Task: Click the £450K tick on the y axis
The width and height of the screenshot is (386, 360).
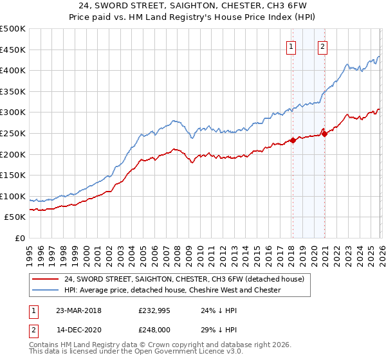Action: (13, 50)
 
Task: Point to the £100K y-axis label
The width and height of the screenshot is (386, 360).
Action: (13, 196)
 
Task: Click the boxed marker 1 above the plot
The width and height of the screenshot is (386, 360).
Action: (291, 46)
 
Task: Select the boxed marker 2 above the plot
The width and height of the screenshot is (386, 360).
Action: (322, 46)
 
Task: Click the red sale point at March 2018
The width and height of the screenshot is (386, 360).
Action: (292, 140)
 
